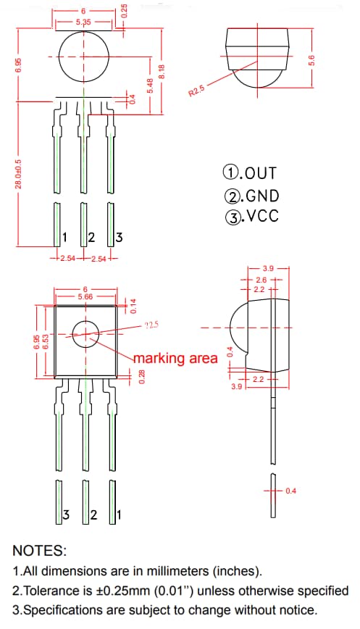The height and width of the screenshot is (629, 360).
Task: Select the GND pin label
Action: click(251, 196)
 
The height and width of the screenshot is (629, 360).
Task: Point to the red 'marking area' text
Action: click(175, 358)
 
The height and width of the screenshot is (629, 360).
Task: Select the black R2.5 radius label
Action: click(198, 91)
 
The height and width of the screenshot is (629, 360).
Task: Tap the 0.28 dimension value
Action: click(142, 376)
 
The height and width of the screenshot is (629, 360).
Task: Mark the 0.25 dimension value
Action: click(124, 11)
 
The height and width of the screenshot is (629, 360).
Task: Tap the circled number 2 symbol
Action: click(233, 196)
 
